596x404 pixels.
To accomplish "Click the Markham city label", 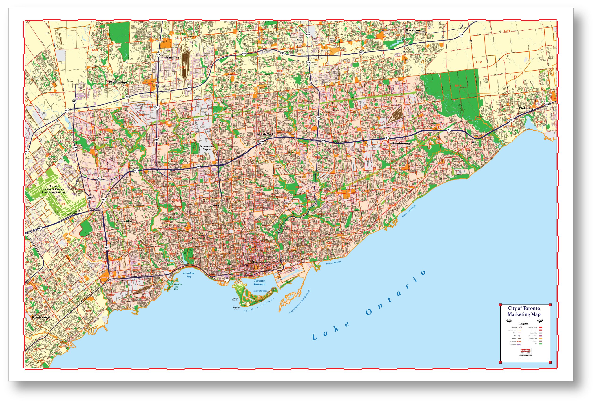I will coord(412,30).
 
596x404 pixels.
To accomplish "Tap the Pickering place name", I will coord(526,108).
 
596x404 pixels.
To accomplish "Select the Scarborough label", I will coord(402,143).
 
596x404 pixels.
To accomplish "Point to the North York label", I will coord(265,134).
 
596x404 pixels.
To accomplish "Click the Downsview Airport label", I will coord(207,148).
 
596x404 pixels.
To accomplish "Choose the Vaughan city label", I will coord(173,58).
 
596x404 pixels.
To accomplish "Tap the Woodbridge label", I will coord(118,82).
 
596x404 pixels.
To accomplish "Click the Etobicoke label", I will coord(124,221).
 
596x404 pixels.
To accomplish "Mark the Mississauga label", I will coord(41,317).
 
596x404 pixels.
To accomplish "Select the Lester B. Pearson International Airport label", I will coord(54,189).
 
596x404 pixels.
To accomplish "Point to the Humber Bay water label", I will coord(189,275).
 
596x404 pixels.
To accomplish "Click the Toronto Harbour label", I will coord(259,282).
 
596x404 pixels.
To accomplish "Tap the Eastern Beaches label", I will coord(333,263).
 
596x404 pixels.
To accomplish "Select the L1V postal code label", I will coord(479,62).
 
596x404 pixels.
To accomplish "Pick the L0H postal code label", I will coord(506,31).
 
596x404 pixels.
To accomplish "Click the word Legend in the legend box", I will coord(524,324).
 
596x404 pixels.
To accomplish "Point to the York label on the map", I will coord(216,205).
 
